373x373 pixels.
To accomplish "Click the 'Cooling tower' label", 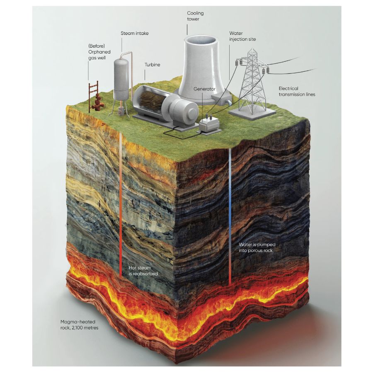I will pyautogui.click(x=195, y=16).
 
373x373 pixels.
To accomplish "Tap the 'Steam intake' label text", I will pyautogui.click(x=134, y=33).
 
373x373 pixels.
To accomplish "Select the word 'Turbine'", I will pyautogui.click(x=152, y=65).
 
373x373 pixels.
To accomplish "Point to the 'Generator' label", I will pyautogui.click(x=204, y=89).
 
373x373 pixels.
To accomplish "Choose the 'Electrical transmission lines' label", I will pyautogui.click(x=297, y=92).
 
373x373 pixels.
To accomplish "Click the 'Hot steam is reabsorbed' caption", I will pyautogui.click(x=143, y=271).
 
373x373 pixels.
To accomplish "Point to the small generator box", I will pyautogui.click(x=208, y=125).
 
